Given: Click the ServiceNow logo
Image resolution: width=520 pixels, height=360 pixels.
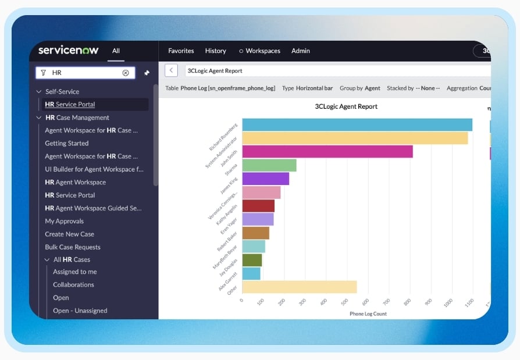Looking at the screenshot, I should point(68,50).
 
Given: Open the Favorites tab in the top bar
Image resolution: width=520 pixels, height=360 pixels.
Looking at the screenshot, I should point(181,51).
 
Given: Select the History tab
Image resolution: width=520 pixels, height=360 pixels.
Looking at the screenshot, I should point(215,51).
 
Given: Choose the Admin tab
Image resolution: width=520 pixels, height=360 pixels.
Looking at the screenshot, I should point(301,51).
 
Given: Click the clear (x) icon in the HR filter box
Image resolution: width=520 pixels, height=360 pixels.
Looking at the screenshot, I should point(126,73).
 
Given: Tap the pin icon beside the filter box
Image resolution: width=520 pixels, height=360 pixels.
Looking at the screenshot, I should point(147,73).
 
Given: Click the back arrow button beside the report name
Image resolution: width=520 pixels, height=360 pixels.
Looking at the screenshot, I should point(171,70).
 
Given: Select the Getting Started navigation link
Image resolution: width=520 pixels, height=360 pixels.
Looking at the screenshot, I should point(67,143).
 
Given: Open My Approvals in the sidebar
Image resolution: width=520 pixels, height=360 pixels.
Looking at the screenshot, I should point(65,221).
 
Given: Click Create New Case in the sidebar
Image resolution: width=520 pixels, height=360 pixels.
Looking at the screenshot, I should point(69,234).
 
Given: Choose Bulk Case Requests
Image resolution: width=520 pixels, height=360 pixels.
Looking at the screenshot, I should point(73,247).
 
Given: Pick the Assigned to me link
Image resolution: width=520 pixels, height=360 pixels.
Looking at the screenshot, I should point(75,272).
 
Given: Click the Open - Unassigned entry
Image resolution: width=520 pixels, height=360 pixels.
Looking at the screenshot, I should point(80,311).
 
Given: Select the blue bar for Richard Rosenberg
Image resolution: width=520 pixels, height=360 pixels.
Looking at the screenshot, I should point(357,124).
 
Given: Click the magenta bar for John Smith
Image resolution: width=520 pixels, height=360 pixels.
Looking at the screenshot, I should point(327,151).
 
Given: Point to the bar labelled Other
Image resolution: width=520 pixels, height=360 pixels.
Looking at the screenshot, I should point(299,287).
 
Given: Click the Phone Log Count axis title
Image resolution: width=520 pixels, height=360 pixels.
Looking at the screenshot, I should point(368,314).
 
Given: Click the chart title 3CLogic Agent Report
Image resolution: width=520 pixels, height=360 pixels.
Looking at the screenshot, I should point(346,106).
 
